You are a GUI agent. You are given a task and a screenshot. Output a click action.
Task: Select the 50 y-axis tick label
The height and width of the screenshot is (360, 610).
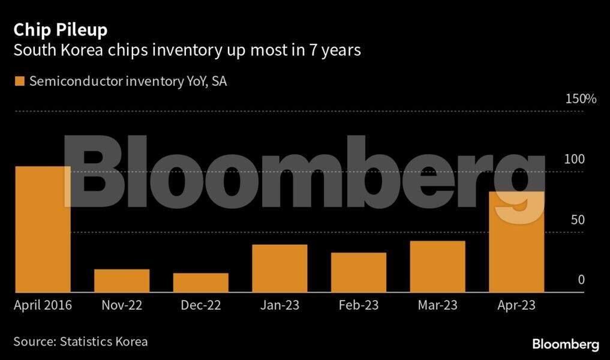coord(578,220)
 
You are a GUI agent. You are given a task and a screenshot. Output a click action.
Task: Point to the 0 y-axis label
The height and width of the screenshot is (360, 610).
coord(581,280)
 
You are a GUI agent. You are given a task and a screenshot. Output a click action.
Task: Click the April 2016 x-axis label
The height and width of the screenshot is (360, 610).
coord(43,305)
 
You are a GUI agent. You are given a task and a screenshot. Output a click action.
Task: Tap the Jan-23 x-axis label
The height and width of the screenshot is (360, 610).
coord(280,305)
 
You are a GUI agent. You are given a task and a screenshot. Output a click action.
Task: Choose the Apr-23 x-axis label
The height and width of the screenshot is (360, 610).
coord(517,305)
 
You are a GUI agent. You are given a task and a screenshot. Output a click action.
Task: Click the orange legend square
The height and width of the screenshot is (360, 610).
coord(19,81)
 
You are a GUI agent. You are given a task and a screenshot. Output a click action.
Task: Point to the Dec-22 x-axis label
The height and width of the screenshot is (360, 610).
coord(201,305)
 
